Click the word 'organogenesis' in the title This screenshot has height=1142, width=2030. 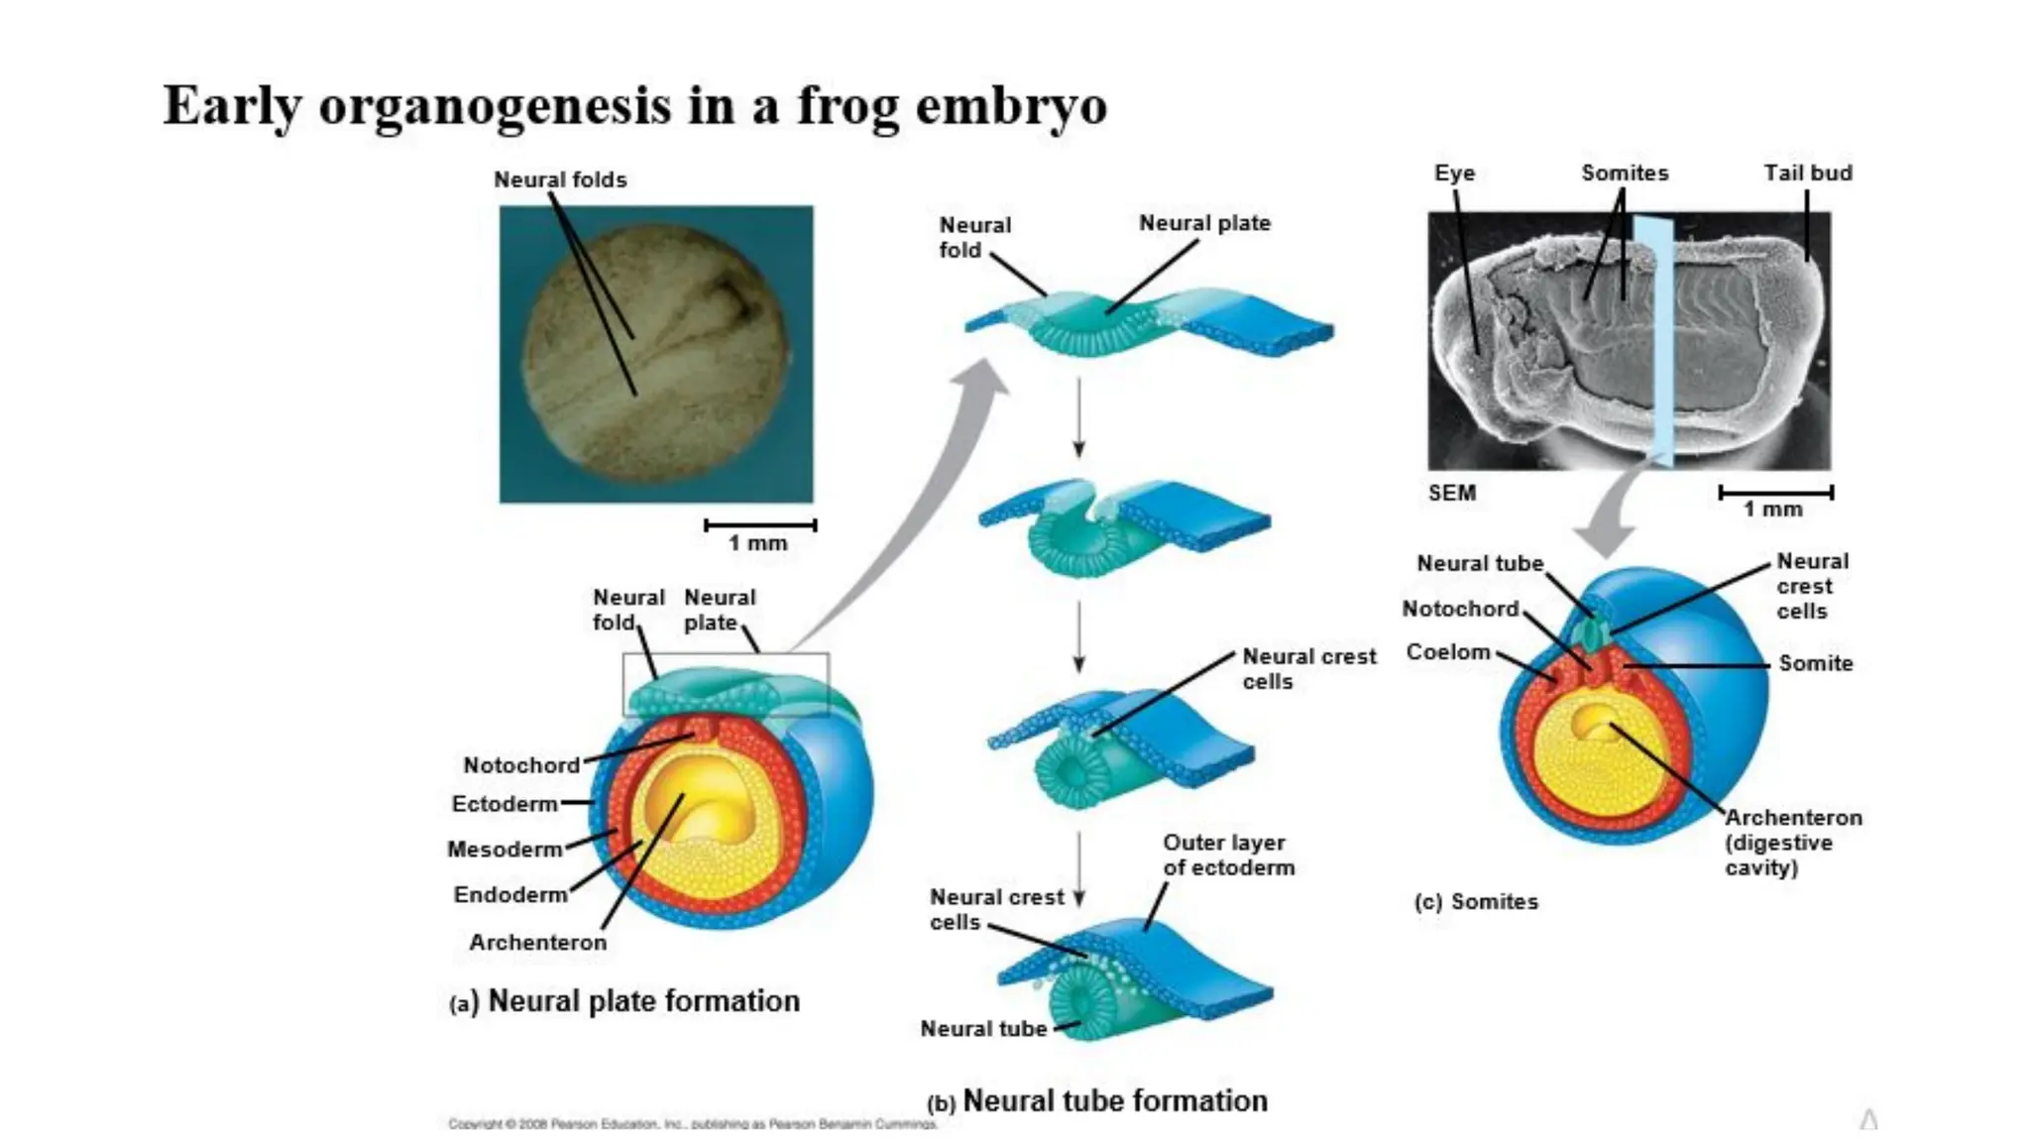pyautogui.click(x=495, y=106)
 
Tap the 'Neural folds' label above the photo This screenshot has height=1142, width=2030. pyautogui.click(x=560, y=179)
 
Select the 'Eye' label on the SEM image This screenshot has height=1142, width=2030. pyautogui.click(x=1454, y=172)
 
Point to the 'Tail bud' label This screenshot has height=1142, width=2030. pyautogui.click(x=1807, y=172)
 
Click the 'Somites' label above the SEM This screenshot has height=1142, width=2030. pyautogui.click(x=1625, y=172)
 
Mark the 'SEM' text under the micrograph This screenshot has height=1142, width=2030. pyautogui.click(x=1451, y=493)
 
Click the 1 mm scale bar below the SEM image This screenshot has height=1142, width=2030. pyautogui.click(x=1775, y=493)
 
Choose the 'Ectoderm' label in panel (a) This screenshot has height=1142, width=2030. pyautogui.click(x=505, y=804)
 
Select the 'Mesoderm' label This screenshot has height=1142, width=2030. pyautogui.click(x=505, y=850)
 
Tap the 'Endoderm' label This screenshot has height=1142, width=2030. pyautogui.click(x=510, y=894)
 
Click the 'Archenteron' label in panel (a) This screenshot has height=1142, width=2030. pyautogui.click(x=537, y=942)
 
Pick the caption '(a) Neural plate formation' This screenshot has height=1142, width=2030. pyautogui.click(x=624, y=1001)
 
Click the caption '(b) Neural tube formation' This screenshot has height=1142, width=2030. pyautogui.click(x=1096, y=1100)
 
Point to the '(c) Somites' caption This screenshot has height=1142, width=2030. pyautogui.click(x=1476, y=901)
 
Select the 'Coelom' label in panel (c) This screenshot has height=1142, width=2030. pyautogui.click(x=1448, y=652)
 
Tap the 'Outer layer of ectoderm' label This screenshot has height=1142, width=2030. pyautogui.click(x=1228, y=855)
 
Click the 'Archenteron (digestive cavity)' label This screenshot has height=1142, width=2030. pyautogui.click(x=1792, y=843)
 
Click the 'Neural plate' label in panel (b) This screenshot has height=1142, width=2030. pyautogui.click(x=1204, y=223)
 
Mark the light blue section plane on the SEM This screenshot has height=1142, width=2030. pyautogui.click(x=1652, y=337)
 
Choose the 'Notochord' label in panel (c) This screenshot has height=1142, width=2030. pyautogui.click(x=1460, y=609)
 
